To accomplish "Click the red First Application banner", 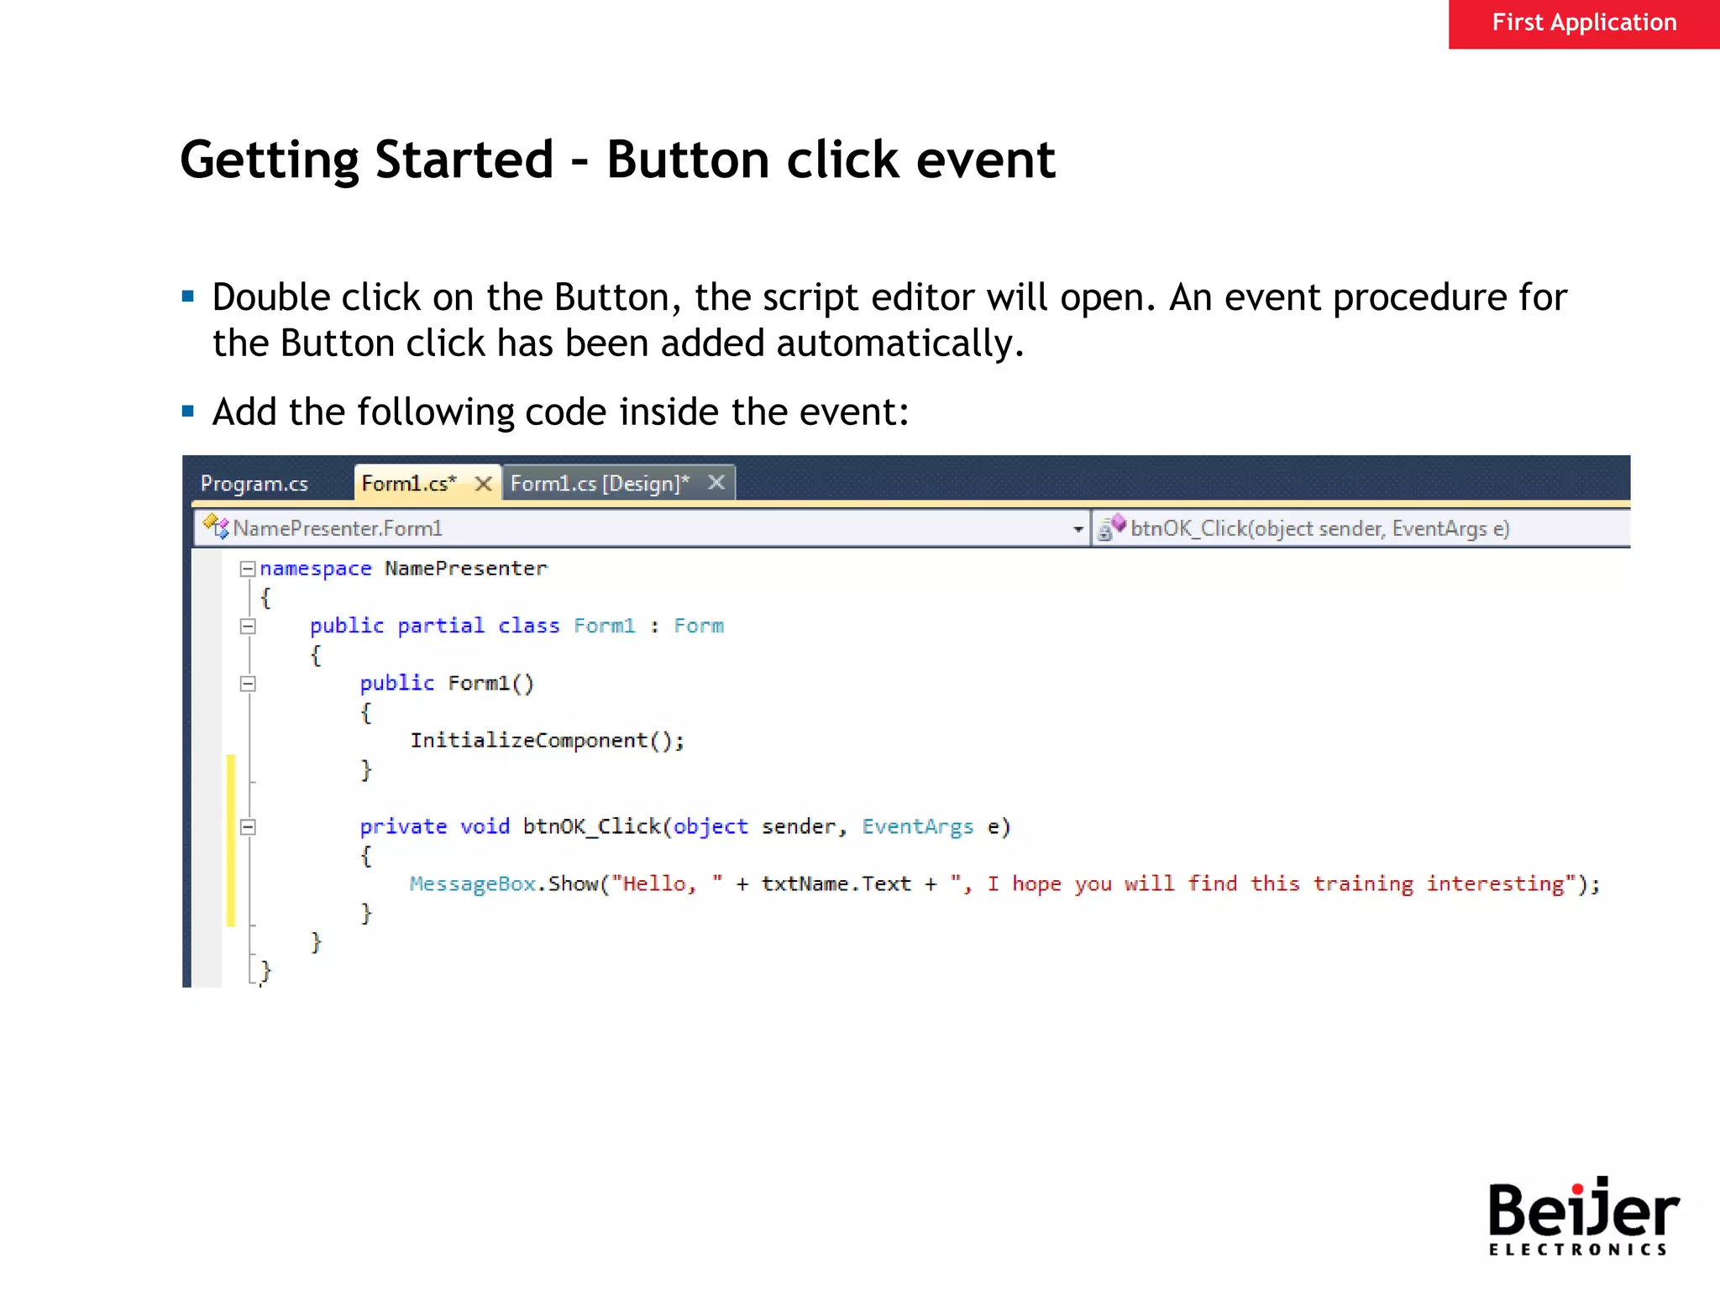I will click(1583, 24).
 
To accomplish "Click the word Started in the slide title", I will click(464, 160).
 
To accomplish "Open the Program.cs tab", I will click(254, 484).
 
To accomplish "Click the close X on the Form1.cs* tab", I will click(483, 484).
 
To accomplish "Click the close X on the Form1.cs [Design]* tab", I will click(716, 483).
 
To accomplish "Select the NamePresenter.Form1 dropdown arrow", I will click(1078, 529).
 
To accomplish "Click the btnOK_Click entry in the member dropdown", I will click(1319, 528).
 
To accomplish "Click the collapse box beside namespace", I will click(247, 569).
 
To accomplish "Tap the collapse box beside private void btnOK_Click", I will click(247, 827).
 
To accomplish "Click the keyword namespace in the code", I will click(315, 569).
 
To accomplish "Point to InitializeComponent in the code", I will click(529, 741).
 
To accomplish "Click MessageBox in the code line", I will click(472, 884).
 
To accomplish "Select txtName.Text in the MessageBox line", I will click(836, 884).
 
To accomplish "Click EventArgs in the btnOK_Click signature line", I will click(917, 827).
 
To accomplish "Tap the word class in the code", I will click(528, 627).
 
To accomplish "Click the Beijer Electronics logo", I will click(1582, 1216).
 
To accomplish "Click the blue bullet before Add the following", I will click(188, 412).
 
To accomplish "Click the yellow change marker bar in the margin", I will click(231, 840).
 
